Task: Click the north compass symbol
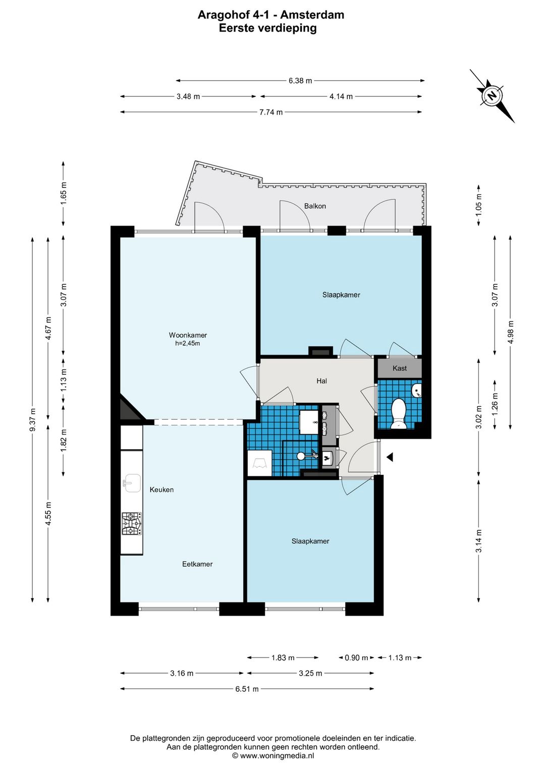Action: [x=492, y=95]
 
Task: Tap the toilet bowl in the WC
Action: [x=399, y=413]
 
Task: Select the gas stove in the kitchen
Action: [x=131, y=524]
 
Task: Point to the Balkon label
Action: [x=314, y=206]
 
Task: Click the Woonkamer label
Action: [x=188, y=335]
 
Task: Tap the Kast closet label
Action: [x=399, y=368]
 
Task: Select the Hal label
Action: [x=321, y=381]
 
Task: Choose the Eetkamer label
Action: [x=197, y=564]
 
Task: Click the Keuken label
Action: [x=161, y=489]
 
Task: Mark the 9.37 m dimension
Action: [x=32, y=419]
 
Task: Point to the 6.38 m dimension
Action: [x=300, y=81]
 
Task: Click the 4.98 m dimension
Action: [x=510, y=332]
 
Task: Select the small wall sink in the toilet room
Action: [x=416, y=391]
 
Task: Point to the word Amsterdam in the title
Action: [x=312, y=15]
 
